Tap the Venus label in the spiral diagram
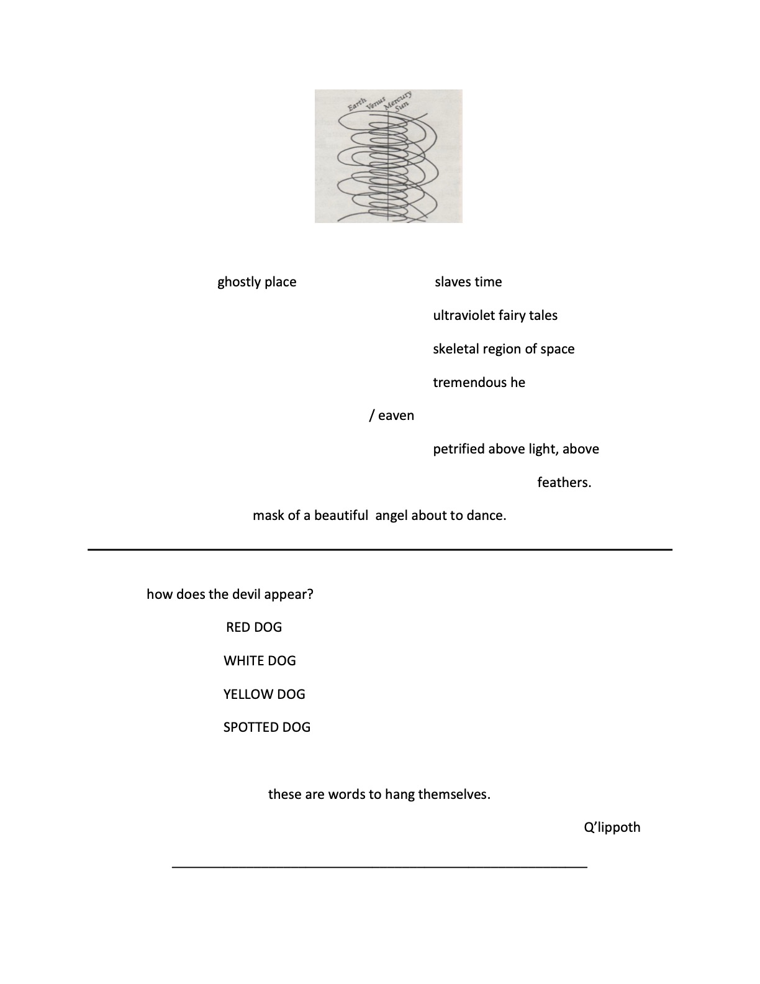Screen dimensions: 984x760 tap(376, 103)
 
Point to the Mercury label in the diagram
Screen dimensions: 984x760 tap(398, 99)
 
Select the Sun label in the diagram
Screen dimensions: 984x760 tap(403, 107)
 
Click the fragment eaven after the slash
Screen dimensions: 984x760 tap(396, 416)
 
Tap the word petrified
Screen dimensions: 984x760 tap(458, 449)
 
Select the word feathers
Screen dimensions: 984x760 tap(564, 483)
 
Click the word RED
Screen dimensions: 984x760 tap(237, 627)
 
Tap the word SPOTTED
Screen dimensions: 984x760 tap(251, 727)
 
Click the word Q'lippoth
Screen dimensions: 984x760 tap(612, 827)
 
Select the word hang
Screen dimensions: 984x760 tap(399, 795)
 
